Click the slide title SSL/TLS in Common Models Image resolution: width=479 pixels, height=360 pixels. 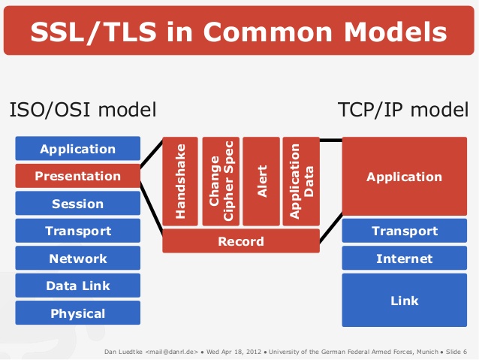tap(239, 32)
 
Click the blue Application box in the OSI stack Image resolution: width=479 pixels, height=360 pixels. tap(77, 149)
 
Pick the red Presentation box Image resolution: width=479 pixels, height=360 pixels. tap(77, 176)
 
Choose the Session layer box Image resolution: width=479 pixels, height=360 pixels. tap(77, 204)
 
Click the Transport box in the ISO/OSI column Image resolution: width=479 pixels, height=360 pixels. tap(77, 231)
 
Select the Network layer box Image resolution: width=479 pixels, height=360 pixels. tap(77, 259)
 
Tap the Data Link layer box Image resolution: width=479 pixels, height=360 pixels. tap(77, 286)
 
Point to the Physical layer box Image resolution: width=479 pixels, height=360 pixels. tap(77, 313)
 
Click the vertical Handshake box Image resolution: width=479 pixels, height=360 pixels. tap(180, 181)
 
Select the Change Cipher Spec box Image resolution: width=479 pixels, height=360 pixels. tap(221, 181)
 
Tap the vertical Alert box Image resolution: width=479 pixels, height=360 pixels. tap(261, 181)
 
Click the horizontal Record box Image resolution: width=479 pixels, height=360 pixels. tap(240, 241)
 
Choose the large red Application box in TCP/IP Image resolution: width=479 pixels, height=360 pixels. tap(404, 177)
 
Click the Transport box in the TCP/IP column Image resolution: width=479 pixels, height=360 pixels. tap(404, 231)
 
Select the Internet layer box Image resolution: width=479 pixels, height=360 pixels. tap(404, 259)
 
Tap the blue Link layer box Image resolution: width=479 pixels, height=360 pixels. tap(404, 301)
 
